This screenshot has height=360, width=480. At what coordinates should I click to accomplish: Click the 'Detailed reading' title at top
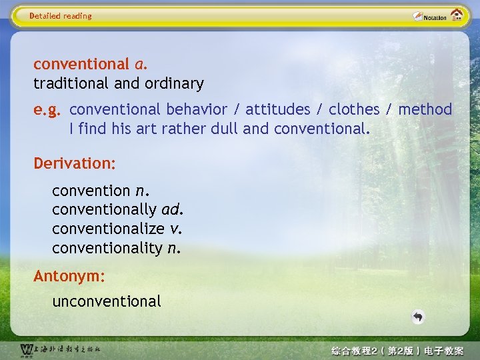click(x=61, y=16)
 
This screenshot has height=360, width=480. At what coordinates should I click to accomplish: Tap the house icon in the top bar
click(x=457, y=15)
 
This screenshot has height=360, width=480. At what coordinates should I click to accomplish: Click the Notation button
click(x=429, y=17)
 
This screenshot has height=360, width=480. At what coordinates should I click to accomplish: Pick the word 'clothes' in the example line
click(x=355, y=109)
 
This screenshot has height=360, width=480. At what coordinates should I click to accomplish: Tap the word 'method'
click(x=425, y=109)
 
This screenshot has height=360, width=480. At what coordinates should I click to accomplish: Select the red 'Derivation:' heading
click(x=75, y=163)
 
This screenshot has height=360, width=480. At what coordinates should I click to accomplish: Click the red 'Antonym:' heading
click(x=69, y=275)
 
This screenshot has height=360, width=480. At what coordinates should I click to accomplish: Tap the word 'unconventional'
click(x=107, y=301)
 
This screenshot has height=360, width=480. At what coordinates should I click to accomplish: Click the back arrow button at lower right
click(x=418, y=317)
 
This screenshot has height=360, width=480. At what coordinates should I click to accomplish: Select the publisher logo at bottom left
click(x=60, y=349)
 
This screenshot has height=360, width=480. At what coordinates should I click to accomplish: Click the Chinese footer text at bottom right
click(x=397, y=350)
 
